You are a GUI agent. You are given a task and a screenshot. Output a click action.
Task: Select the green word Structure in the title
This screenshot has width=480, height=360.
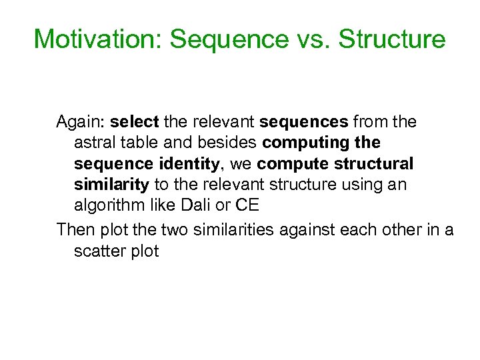coord(392,39)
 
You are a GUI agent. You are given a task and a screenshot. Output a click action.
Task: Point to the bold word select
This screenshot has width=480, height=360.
coord(134,122)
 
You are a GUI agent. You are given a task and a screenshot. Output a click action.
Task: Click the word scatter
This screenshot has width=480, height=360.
coord(99,251)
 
